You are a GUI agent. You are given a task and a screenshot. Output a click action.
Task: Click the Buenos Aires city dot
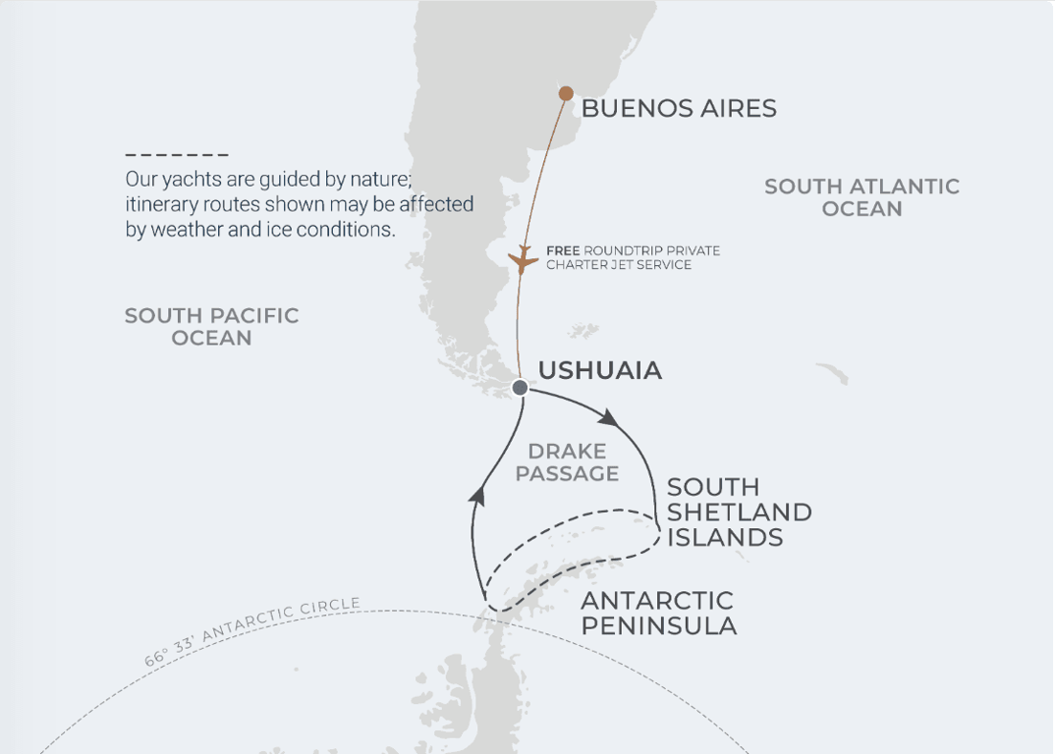pos(566,93)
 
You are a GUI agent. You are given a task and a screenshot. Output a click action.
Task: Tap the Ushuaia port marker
pos(521,388)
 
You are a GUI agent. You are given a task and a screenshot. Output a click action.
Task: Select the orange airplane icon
pos(523,261)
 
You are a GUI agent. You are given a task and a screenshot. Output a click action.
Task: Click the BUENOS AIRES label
pos(679,108)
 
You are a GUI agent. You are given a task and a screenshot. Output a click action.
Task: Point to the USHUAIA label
pos(600,371)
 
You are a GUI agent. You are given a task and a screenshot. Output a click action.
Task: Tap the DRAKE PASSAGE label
pos(567,462)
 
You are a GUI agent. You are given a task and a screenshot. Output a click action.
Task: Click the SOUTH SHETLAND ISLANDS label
pos(739,512)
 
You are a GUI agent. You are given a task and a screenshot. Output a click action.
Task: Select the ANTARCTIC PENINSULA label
pos(658,613)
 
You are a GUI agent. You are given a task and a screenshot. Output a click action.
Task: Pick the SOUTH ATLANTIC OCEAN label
pos(861,197)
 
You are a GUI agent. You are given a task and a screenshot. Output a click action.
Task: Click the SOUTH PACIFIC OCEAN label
pos(211,327)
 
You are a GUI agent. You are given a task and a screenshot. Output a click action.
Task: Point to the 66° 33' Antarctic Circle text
pos(251,629)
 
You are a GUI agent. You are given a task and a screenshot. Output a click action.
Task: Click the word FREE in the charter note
pos(563,251)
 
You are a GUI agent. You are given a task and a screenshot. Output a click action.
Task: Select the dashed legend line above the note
pos(177,155)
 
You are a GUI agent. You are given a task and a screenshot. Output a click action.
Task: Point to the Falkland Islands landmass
pos(583,331)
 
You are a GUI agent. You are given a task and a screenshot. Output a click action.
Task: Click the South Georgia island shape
pos(832,374)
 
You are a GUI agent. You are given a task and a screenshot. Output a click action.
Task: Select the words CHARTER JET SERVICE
pos(619,265)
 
